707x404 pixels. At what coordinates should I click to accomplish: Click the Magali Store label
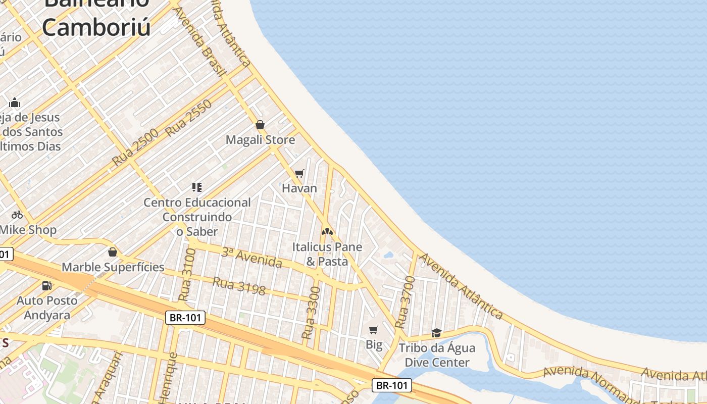pyautogui.click(x=260, y=140)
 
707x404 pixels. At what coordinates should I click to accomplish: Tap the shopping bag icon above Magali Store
pyautogui.click(x=260, y=125)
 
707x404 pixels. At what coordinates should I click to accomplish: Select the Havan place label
pyautogui.click(x=299, y=188)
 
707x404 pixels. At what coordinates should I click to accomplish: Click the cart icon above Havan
pyautogui.click(x=299, y=174)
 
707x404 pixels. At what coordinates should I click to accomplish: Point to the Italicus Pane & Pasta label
pyautogui.click(x=327, y=254)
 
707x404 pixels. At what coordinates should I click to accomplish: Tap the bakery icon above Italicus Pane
pyautogui.click(x=327, y=232)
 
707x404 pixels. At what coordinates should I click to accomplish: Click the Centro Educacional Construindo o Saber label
pyautogui.click(x=197, y=217)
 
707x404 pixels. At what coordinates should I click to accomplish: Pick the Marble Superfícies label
pyautogui.click(x=113, y=267)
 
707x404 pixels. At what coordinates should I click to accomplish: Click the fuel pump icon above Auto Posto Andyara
pyautogui.click(x=47, y=286)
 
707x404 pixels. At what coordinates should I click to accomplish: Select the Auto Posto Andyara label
pyautogui.click(x=47, y=308)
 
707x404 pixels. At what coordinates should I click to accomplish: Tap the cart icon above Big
pyautogui.click(x=374, y=330)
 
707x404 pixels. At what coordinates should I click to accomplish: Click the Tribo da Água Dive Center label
pyautogui.click(x=437, y=355)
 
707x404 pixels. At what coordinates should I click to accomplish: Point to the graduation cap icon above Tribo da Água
pyautogui.click(x=437, y=333)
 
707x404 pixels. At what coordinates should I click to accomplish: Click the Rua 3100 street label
pyautogui.click(x=187, y=275)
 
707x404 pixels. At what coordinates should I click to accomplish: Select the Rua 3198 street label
pyautogui.click(x=239, y=286)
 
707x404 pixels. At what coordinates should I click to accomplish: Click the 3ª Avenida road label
pyautogui.click(x=251, y=258)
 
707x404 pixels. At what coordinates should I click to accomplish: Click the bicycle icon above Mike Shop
pyautogui.click(x=17, y=215)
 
